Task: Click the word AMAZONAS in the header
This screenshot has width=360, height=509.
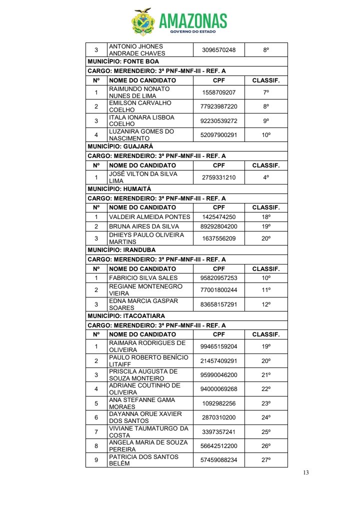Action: coord(193,20)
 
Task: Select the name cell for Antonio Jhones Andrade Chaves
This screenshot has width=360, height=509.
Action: coord(136,50)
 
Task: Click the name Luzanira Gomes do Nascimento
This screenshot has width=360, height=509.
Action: coord(141,135)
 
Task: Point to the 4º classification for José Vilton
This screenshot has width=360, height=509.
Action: coord(266,177)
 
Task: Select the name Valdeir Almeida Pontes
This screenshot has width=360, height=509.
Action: coord(149,217)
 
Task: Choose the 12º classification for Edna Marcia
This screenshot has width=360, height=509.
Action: coord(266,304)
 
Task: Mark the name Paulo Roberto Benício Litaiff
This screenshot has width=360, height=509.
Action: coord(148,361)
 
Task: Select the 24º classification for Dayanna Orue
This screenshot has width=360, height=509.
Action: coord(266,417)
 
